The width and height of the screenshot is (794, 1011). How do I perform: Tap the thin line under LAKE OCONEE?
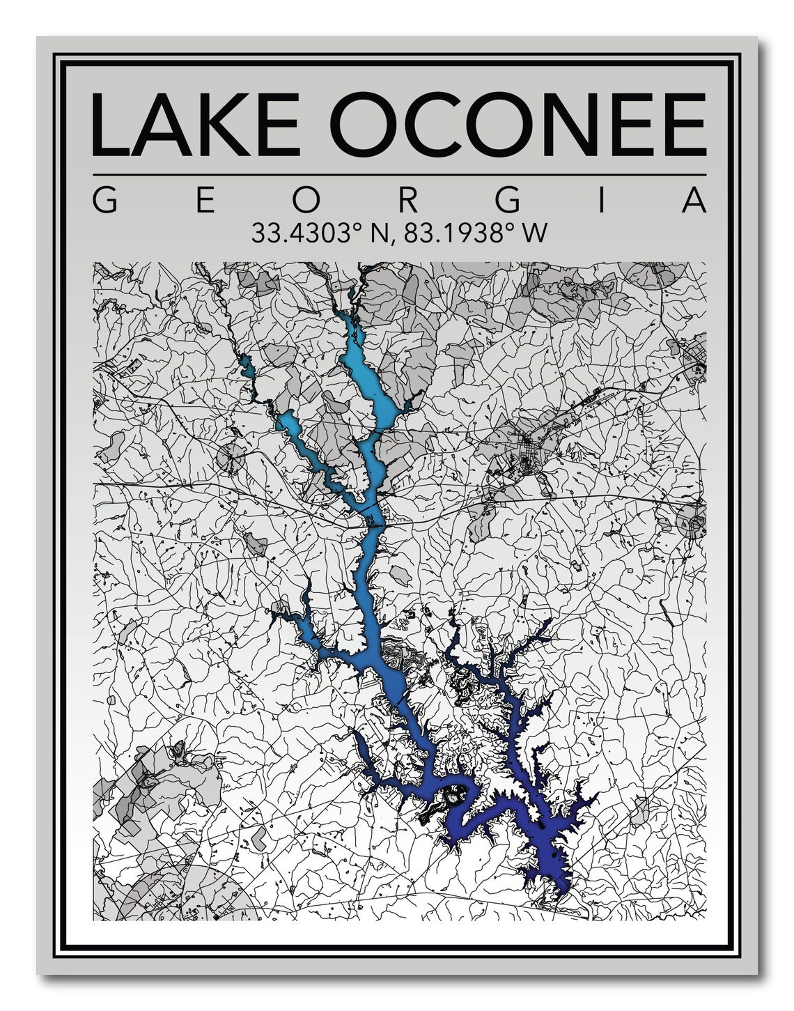[x=398, y=174]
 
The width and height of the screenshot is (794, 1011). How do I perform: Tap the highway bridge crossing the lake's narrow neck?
[x=374, y=526]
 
